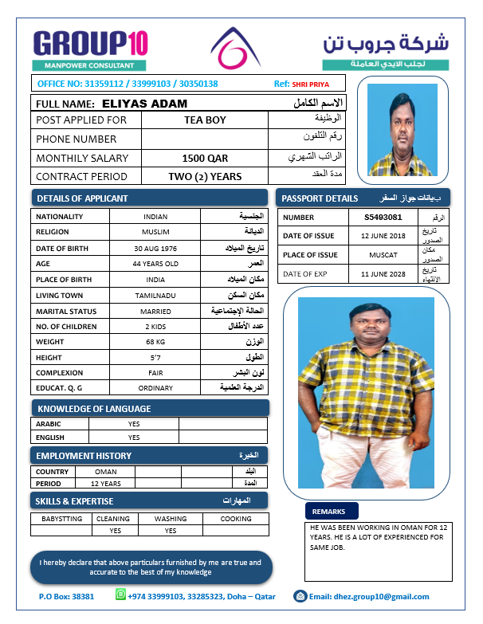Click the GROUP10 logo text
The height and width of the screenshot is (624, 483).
click(x=90, y=43)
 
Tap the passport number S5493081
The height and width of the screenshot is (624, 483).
click(x=383, y=217)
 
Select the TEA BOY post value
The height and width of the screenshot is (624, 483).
click(x=205, y=120)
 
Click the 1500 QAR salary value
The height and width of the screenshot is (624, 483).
click(x=205, y=159)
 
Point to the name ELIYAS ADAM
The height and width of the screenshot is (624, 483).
click(x=145, y=104)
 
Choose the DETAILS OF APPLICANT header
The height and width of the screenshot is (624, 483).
click(x=82, y=198)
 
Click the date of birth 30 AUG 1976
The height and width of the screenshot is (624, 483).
click(x=155, y=248)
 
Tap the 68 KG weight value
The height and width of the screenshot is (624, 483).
click(x=155, y=342)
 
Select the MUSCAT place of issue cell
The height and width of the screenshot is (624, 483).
click(x=383, y=255)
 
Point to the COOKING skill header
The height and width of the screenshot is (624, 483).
click(x=236, y=519)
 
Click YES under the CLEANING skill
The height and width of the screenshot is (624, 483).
click(x=116, y=530)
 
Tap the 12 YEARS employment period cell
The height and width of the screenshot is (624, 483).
click(x=106, y=484)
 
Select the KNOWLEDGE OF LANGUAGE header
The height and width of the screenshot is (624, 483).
click(x=94, y=409)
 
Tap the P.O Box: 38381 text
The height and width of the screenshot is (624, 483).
click(x=66, y=596)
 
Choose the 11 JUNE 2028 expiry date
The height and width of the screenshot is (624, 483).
click(x=383, y=274)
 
